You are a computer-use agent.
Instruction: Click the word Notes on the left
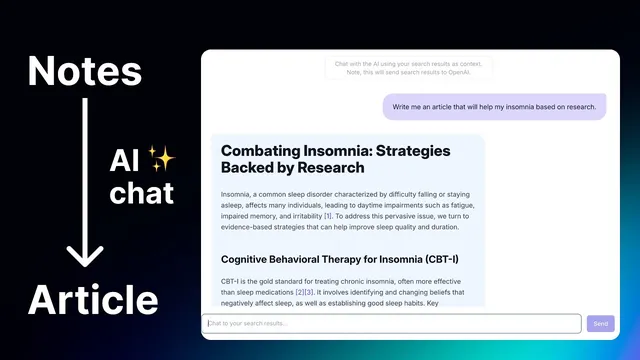tap(84, 70)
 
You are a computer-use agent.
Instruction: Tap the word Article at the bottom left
tap(92, 300)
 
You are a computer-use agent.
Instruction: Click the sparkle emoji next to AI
tap(161, 157)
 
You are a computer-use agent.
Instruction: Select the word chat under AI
tap(141, 192)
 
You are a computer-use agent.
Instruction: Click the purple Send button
tap(600, 323)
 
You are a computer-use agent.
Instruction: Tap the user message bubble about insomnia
tap(494, 106)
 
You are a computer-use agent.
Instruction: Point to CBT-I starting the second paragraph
tap(231, 281)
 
